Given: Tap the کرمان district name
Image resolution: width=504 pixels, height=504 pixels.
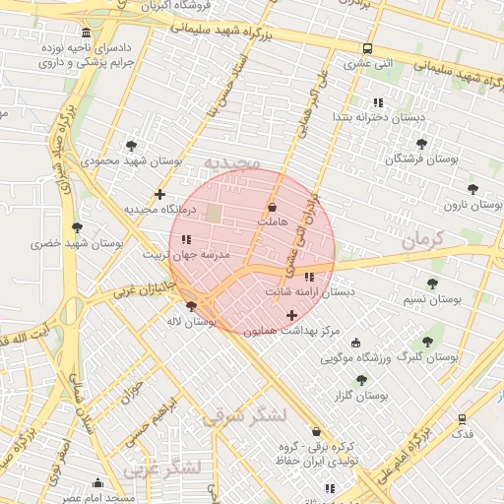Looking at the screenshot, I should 424,237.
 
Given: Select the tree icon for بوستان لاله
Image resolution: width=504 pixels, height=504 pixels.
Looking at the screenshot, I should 204,305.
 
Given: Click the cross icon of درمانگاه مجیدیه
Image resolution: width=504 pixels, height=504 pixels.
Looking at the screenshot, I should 159,194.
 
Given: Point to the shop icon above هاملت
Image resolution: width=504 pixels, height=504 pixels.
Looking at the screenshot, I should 273,207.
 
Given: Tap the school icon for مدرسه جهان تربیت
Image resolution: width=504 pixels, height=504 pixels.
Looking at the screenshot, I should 186,239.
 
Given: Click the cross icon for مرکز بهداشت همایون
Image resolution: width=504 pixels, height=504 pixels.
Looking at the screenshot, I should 290,315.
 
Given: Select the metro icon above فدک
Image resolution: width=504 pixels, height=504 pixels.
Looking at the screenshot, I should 462,418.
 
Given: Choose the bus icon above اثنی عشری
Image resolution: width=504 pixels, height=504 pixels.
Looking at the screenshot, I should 367,48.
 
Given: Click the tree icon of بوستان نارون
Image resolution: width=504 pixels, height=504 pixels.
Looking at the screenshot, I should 472,188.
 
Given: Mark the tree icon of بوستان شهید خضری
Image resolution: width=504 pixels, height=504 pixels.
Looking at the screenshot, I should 77,227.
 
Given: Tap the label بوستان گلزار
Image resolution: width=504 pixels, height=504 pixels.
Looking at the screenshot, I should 358,395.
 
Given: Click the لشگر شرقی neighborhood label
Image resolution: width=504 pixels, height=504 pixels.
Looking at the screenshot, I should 244,416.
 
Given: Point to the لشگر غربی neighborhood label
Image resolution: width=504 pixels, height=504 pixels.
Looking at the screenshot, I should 168,467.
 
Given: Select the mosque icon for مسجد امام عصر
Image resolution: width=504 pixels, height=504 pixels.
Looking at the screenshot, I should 97,482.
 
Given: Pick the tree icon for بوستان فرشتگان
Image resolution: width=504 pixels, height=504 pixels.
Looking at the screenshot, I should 421,144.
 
